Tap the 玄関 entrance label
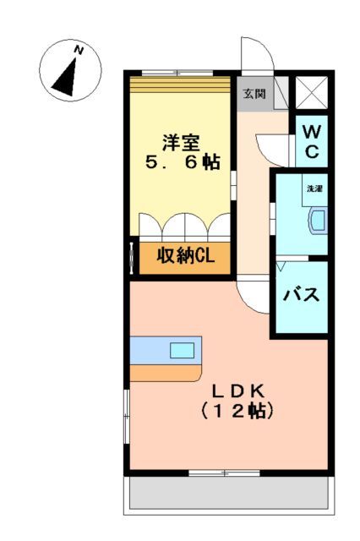coord(254,95)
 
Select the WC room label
coord(311,141)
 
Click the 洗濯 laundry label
coord(314,188)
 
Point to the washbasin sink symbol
coord(316,220)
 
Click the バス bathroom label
coord(300,295)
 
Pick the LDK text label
coord(238,391)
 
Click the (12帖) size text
coord(237,412)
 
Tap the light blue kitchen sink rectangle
coord(182,349)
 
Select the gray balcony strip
coord(227,495)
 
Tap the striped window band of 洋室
coord(179,82)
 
